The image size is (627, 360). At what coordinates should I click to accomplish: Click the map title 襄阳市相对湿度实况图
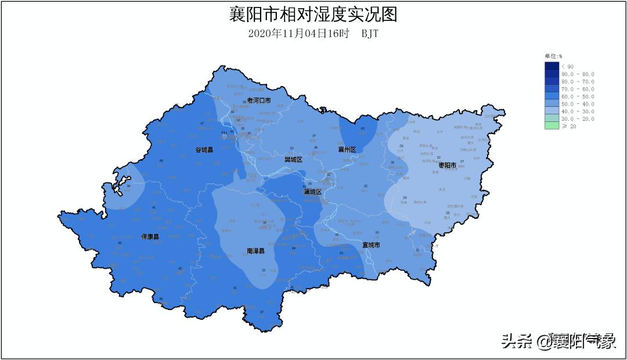coord(313,15)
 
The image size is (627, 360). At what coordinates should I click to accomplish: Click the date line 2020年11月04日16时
coord(298,34)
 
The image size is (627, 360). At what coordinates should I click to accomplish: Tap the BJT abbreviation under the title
coord(370,34)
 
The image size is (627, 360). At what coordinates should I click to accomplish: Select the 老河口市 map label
coord(259,100)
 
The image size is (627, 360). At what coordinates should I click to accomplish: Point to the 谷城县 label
coord(204,150)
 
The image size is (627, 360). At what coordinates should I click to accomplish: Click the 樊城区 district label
coord(293,159)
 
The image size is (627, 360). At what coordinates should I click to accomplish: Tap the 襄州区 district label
coord(347,149)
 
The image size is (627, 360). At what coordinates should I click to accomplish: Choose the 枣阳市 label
coord(448,165)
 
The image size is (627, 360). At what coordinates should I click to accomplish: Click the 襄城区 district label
coord(312,192)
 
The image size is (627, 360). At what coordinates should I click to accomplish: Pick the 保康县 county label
coord(150,237)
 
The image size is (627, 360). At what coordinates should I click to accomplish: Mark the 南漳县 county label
coord(255,251)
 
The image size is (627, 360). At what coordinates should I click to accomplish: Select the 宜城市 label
coord(371,245)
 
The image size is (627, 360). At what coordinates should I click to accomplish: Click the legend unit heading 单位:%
coord(553,56)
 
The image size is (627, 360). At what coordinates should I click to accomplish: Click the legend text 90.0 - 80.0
coord(578,74)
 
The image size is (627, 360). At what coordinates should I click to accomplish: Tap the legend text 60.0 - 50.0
coord(578,96)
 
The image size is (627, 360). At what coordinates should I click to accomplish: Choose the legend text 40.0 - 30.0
coord(578,111)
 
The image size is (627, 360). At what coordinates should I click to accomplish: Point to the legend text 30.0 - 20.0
coord(578,119)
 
